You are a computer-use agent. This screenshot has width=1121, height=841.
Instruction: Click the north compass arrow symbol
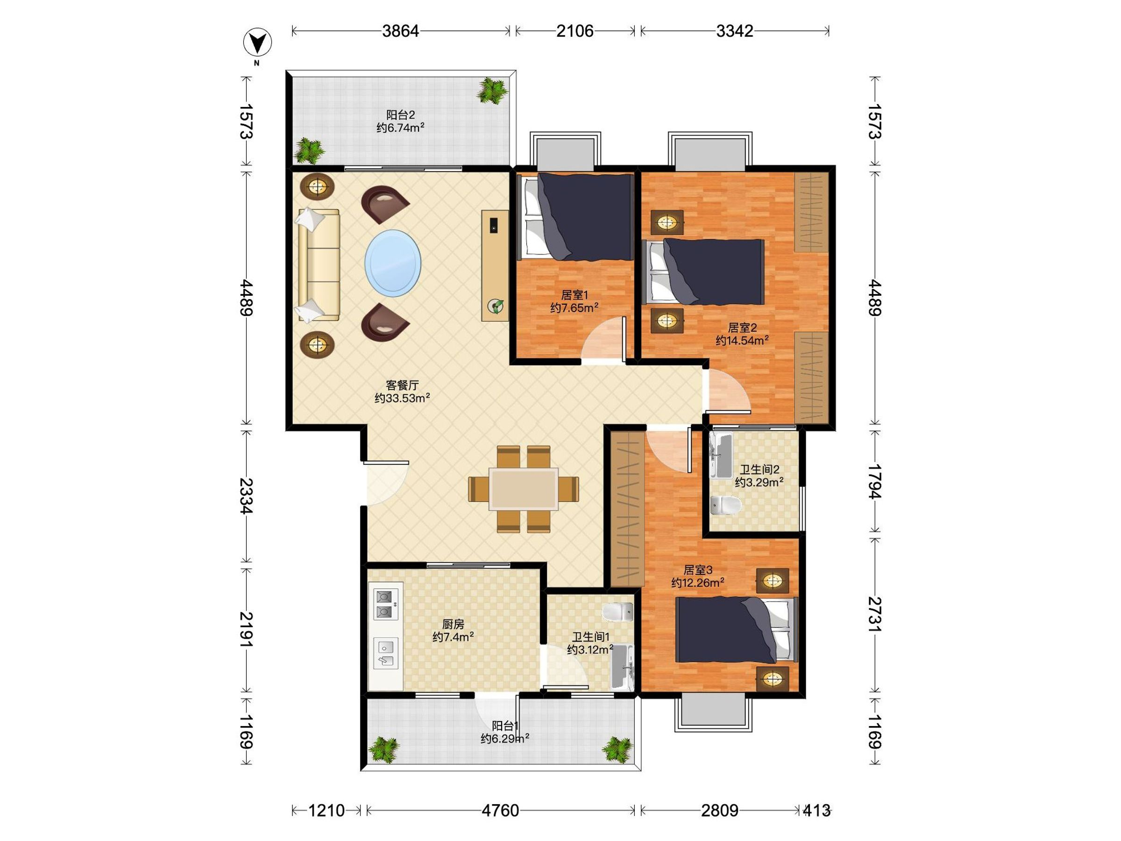pyautogui.click(x=257, y=43)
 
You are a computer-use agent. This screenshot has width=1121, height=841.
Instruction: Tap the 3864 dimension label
pyautogui.click(x=400, y=31)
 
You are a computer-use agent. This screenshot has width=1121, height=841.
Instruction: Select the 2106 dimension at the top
pyautogui.click(x=575, y=31)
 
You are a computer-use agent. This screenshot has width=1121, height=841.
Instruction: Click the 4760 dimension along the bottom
pyautogui.click(x=500, y=811)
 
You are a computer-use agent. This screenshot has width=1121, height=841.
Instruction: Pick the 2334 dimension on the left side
pyautogui.click(x=246, y=496)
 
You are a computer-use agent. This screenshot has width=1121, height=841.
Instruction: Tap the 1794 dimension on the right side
pyautogui.click(x=875, y=481)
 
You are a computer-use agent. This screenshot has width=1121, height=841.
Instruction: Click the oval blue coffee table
pyautogui.click(x=393, y=264)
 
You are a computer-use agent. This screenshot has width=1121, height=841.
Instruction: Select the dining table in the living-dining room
pyautogui.click(x=524, y=489)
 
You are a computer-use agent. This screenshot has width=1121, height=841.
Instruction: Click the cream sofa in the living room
pyautogui.click(x=319, y=264)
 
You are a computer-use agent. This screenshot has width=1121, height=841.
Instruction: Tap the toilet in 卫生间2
pyautogui.click(x=726, y=505)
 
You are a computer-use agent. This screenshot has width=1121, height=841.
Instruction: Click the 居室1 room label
pyautogui.click(x=574, y=295)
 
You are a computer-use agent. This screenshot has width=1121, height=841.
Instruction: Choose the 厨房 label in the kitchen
pyautogui.click(x=453, y=624)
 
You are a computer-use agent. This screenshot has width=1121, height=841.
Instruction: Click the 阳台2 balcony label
pyautogui.click(x=400, y=115)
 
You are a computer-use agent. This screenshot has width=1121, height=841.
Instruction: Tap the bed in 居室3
pyautogui.click(x=737, y=630)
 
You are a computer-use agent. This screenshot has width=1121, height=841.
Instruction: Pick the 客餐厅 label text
pyautogui.click(x=402, y=386)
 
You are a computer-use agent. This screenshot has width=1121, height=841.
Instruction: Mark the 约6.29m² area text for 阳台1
pyautogui.click(x=505, y=739)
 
